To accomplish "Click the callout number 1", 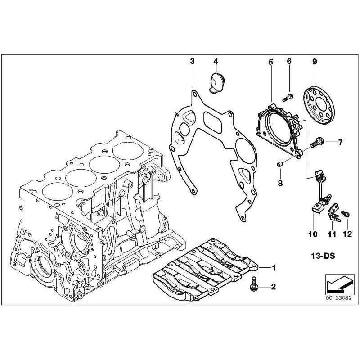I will click(x=273, y=268).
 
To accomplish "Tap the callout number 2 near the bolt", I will click(x=273, y=286).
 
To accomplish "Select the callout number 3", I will click(x=192, y=61).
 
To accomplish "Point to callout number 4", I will click(x=216, y=61).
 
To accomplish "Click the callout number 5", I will click(x=271, y=61).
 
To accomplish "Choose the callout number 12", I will click(x=346, y=234).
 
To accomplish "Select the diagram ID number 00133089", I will click(x=335, y=297).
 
